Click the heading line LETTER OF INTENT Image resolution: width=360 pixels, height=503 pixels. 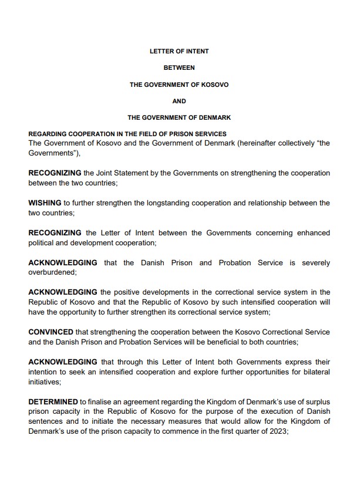(179, 51)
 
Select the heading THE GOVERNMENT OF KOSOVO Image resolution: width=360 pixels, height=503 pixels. (179, 85)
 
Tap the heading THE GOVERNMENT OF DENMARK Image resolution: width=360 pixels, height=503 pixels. (179, 117)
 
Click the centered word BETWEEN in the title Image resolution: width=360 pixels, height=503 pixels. (179, 67)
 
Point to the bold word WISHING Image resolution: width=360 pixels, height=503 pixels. (45, 203)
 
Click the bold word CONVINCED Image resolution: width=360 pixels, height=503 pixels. (51, 332)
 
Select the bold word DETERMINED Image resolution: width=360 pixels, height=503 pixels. (53, 401)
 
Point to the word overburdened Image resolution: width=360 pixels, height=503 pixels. (52, 272)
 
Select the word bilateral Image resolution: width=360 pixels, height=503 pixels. (314, 372)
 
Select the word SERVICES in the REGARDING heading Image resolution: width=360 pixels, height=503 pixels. (210, 134)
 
